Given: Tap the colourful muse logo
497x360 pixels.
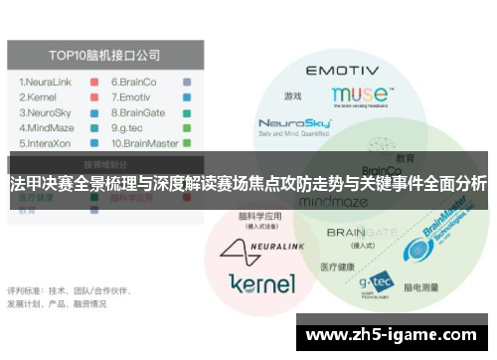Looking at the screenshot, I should [359, 96].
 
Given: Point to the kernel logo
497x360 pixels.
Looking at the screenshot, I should [261, 282].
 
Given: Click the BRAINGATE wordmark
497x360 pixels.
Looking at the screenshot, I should [362, 232].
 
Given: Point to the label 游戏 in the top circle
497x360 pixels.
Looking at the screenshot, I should [292, 96].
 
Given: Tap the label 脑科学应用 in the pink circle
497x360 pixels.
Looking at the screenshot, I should [259, 216].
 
